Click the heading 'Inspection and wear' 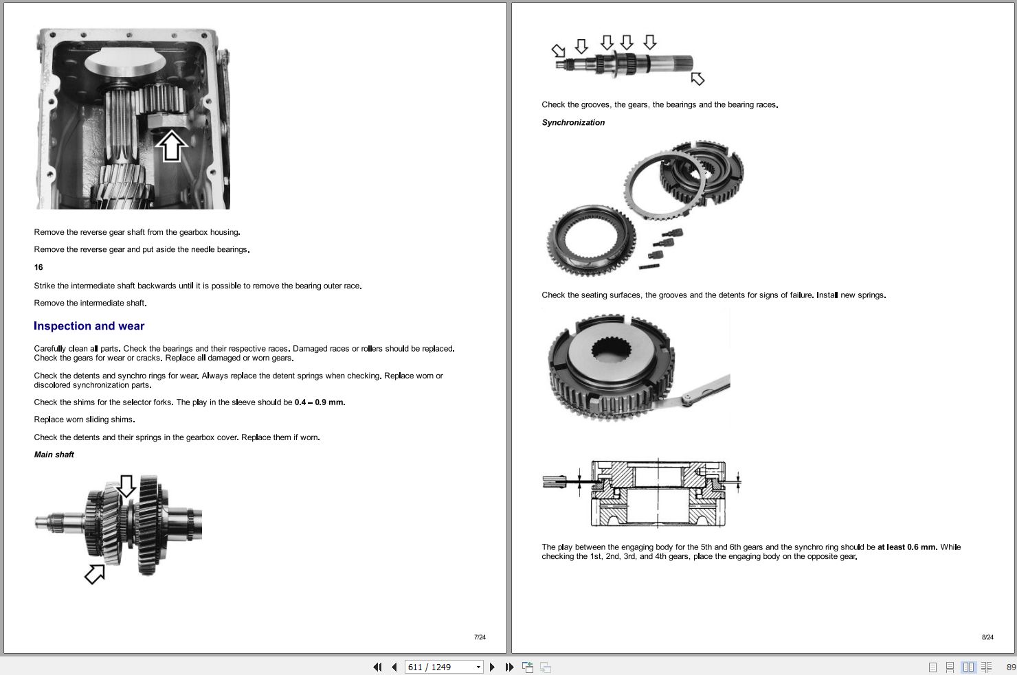tap(89, 326)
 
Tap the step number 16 tap(38, 267)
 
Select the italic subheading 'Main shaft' tap(54, 455)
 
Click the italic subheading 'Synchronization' tap(573, 122)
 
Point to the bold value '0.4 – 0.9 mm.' tap(320, 402)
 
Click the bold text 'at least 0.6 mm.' tap(907, 547)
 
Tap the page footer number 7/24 tap(480, 637)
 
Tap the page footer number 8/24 tap(987, 637)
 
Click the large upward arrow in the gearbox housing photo tap(171, 146)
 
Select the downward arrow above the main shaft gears tap(126, 485)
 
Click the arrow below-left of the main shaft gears tap(95, 573)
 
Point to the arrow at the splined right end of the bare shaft tap(697, 78)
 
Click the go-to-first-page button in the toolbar tap(377, 667)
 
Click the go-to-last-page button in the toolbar tap(509, 667)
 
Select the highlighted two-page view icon tap(968, 667)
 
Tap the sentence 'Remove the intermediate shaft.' tap(90, 303)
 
